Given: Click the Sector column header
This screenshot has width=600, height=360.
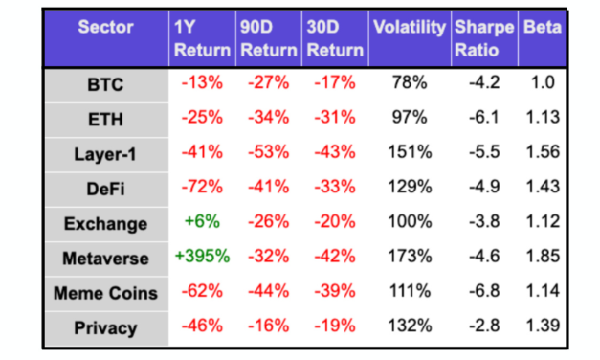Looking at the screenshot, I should pyautogui.click(x=106, y=28).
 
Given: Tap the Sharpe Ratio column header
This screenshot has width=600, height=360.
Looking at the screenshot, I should pyautogui.click(x=483, y=38).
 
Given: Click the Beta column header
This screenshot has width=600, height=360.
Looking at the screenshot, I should pyautogui.click(x=543, y=28).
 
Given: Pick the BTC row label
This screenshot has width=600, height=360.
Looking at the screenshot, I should pyautogui.click(x=106, y=83).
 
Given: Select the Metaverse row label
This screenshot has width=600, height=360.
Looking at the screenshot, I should pyautogui.click(x=106, y=258).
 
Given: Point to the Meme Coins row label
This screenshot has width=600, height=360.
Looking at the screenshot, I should pyautogui.click(x=106, y=293).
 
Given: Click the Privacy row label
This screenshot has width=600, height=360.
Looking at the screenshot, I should pyautogui.click(x=106, y=328).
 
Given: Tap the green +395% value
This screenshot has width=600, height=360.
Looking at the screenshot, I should pyautogui.click(x=202, y=258).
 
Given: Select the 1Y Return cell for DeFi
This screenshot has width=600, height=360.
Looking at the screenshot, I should pyautogui.click(x=202, y=188).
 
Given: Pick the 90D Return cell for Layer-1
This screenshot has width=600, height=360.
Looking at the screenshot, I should pyautogui.click(x=268, y=153).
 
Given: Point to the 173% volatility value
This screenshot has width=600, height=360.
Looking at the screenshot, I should pyautogui.click(x=409, y=258).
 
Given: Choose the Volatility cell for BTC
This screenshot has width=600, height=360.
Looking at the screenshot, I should pyautogui.click(x=409, y=83).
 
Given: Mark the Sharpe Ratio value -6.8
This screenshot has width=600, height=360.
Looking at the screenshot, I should pyautogui.click(x=483, y=293).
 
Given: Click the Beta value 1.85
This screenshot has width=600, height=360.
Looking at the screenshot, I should pyautogui.click(x=543, y=258).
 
